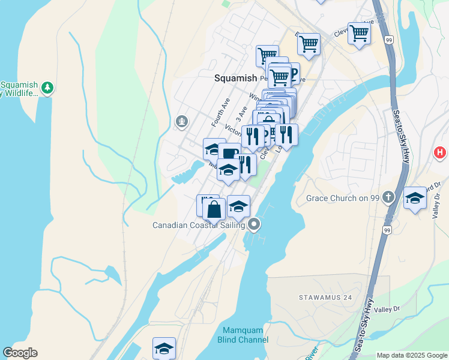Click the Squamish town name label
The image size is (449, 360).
[235, 78]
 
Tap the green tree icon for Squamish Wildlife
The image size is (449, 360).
[47, 88]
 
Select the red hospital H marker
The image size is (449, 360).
[440, 153]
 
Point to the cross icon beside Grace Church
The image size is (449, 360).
[388, 197]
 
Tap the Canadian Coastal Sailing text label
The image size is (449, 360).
[199, 226]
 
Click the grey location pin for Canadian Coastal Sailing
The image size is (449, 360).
[254, 225]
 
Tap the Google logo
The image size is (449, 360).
[20, 353]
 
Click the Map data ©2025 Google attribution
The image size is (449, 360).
[412, 355]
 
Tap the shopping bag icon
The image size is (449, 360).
[214, 209]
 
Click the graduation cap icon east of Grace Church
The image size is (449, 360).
[415, 199]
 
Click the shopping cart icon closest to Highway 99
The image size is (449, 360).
[359, 33]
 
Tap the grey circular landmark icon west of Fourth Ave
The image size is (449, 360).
[181, 122]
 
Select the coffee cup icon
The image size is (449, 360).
[229, 153]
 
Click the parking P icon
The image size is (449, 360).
[292, 73]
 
